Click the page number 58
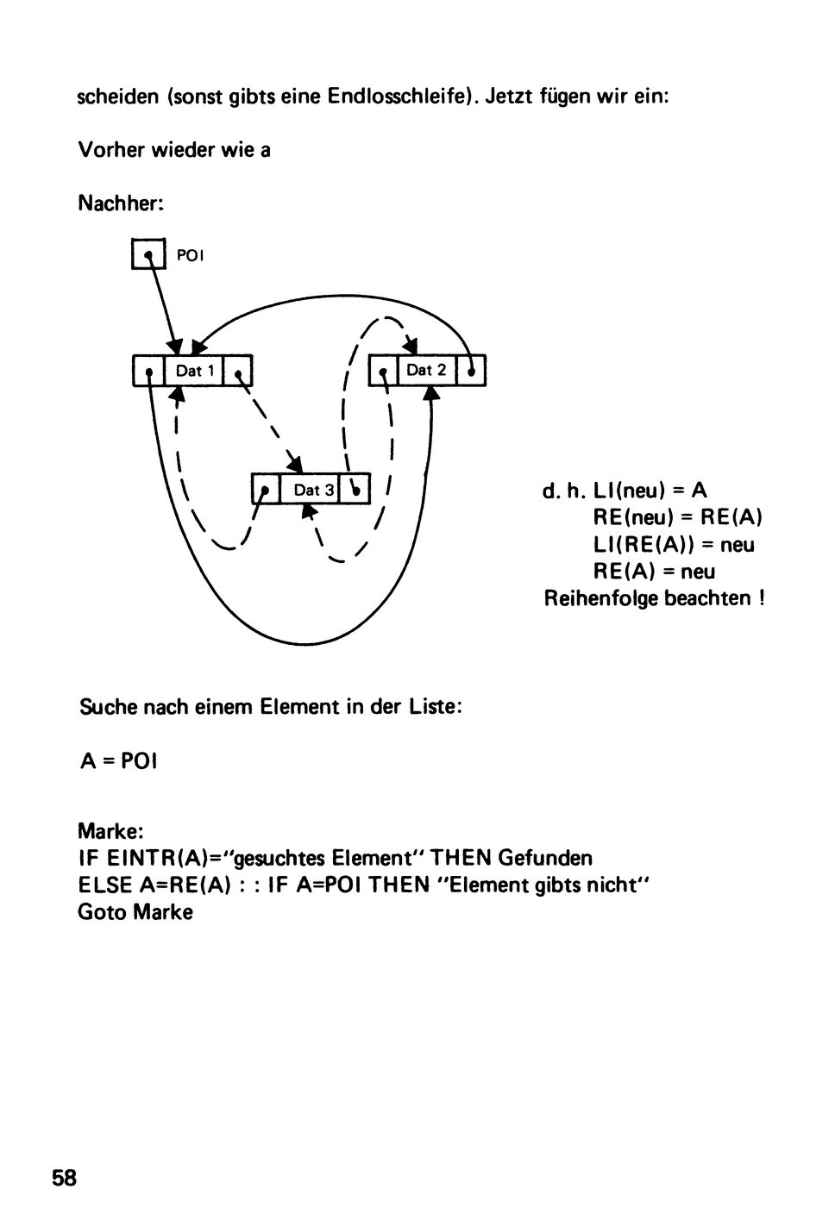64,1178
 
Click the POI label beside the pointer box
190,256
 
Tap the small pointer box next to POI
148,253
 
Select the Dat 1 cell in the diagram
193,370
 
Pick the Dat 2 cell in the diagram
426,370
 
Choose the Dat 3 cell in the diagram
310,490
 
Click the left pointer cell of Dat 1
148,370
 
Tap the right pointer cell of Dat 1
237,370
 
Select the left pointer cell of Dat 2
383,370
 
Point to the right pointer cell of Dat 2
471,370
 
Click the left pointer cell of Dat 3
267,490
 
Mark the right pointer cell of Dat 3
355,490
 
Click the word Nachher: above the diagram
121,203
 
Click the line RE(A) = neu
654,571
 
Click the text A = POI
118,760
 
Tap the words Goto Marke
135,912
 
